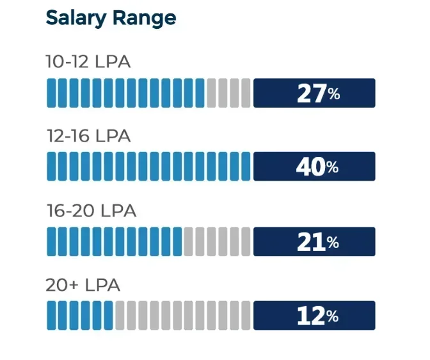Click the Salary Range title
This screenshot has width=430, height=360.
(110, 19)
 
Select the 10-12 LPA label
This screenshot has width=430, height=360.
(88, 61)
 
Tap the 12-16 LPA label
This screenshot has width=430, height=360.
(88, 136)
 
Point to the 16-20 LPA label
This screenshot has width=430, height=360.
(91, 211)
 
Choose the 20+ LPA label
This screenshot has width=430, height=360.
(83, 285)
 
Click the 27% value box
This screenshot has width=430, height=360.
(314, 93)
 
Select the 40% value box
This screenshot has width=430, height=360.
(314, 167)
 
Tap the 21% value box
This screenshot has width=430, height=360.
(314, 241)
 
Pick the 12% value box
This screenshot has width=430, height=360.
(314, 316)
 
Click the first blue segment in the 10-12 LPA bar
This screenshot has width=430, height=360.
(51, 93)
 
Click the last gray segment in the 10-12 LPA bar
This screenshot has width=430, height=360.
(245, 93)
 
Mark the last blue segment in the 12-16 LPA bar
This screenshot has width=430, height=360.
(245, 167)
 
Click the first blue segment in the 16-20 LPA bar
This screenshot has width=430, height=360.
(51, 241)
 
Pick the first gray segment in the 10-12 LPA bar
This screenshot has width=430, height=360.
(211, 93)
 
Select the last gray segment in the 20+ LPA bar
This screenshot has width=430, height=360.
(245, 316)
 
